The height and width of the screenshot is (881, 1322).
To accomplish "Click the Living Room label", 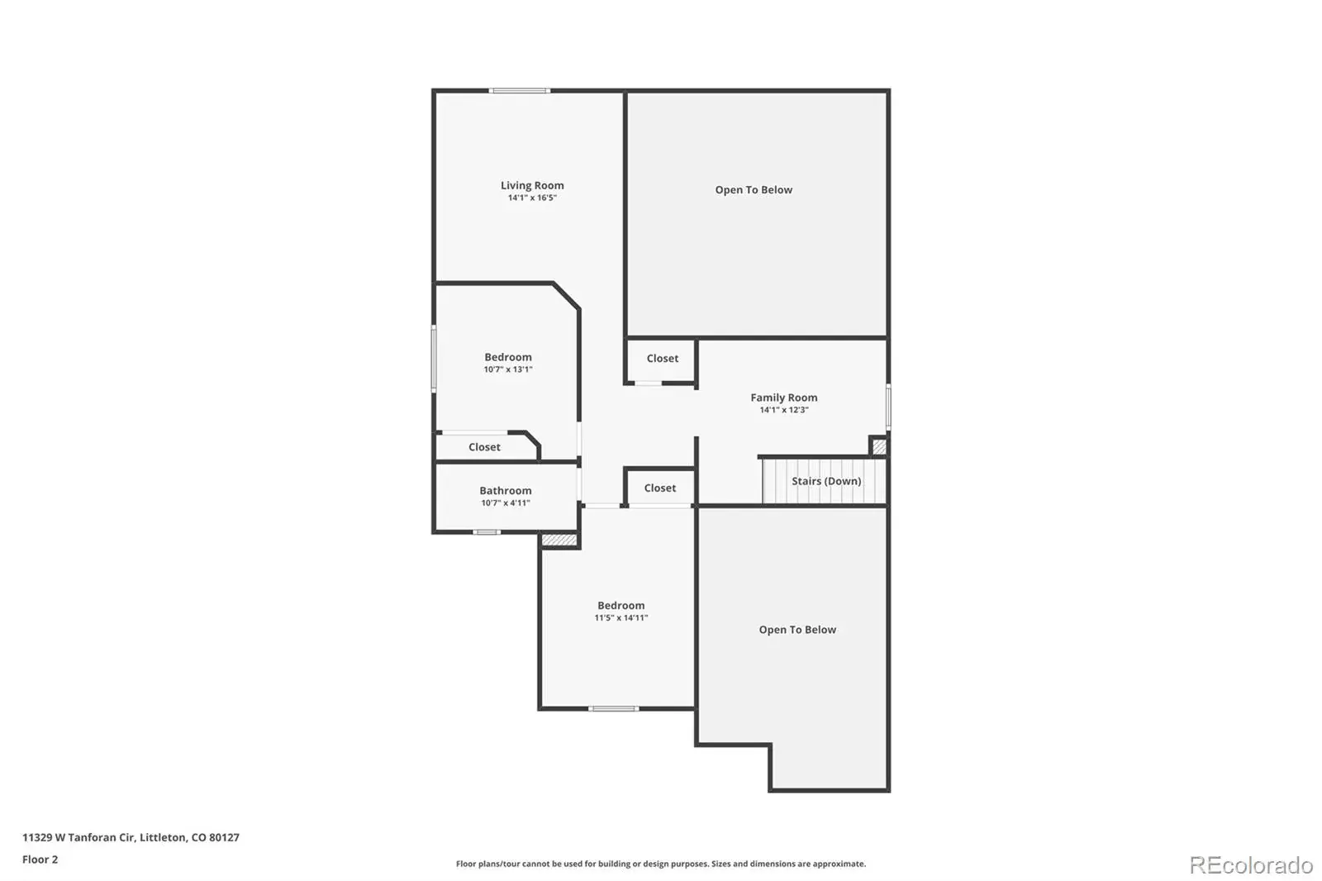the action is (x=532, y=185).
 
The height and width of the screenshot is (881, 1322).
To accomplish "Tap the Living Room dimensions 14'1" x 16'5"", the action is (x=532, y=198).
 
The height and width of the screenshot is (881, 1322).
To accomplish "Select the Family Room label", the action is (x=784, y=398).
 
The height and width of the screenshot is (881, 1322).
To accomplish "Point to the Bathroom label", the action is (x=505, y=491).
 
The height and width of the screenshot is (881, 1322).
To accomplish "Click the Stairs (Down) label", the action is (x=826, y=481).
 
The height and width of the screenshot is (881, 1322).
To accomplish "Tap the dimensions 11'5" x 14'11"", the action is (x=621, y=618).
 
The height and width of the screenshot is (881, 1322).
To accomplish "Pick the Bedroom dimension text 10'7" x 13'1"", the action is (x=508, y=369).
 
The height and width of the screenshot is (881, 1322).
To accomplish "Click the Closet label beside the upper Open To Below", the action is (x=662, y=359).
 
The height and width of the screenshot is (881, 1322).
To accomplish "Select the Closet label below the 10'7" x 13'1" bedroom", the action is (x=484, y=447).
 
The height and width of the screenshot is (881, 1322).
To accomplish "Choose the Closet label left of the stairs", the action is (x=660, y=488).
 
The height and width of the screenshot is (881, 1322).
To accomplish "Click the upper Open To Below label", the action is (x=754, y=190).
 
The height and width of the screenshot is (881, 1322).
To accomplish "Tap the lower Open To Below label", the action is (x=797, y=630).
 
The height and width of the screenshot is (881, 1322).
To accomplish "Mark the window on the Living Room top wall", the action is (x=520, y=91).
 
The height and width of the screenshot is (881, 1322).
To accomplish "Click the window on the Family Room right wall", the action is (x=888, y=407).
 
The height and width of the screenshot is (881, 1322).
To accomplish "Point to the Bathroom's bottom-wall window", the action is (x=487, y=532).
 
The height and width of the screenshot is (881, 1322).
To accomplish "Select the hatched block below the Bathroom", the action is (x=559, y=540).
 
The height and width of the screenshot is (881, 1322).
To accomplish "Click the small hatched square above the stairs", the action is (x=879, y=446).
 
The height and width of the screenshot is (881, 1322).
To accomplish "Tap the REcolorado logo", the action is (x=1251, y=865).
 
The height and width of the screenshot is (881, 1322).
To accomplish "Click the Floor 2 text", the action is (x=40, y=860).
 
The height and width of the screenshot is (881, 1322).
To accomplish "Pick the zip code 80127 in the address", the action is (x=224, y=837).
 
